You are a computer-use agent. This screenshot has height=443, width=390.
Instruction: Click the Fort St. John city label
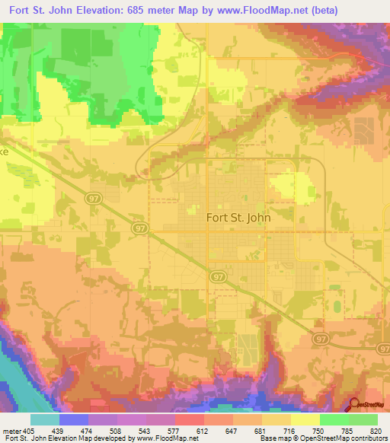click(x=238, y=216)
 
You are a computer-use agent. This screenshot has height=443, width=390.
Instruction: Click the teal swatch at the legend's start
click(x=45, y=420)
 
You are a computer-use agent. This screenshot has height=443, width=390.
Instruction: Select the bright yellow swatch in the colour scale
click(x=305, y=420)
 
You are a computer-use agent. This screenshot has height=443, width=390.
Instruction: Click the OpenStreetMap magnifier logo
click(x=353, y=404)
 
